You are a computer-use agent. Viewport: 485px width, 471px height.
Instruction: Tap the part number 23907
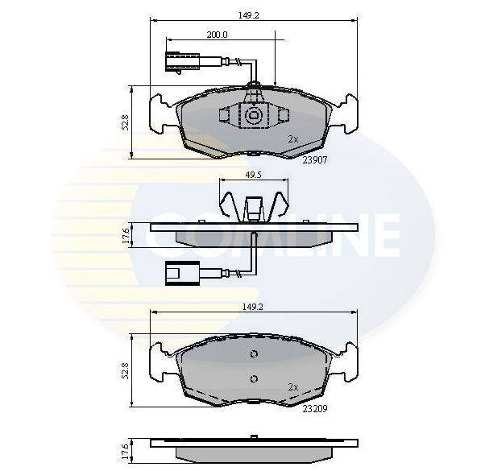click(315, 159)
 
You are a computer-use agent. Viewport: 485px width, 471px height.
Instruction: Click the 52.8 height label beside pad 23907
click(126, 122)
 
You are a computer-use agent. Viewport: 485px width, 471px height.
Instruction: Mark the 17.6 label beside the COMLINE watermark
click(125, 236)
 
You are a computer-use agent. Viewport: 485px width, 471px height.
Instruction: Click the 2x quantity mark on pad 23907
click(293, 138)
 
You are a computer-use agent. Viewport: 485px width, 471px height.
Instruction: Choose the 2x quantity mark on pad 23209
click(293, 386)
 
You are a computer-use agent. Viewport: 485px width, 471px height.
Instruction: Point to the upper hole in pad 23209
click(253, 355)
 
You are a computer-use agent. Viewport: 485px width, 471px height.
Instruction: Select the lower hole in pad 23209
click(253, 379)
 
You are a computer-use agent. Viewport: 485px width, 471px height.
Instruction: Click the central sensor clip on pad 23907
click(253, 116)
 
